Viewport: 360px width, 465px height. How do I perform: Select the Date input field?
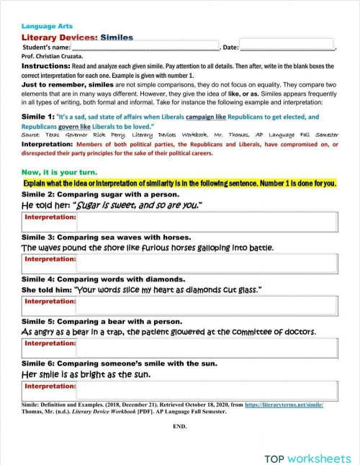[287, 46]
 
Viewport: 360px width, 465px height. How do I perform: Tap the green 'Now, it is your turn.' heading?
[59, 173]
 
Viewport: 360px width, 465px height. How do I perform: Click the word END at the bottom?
[180, 426]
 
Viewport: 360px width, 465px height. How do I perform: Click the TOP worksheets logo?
[307, 457]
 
